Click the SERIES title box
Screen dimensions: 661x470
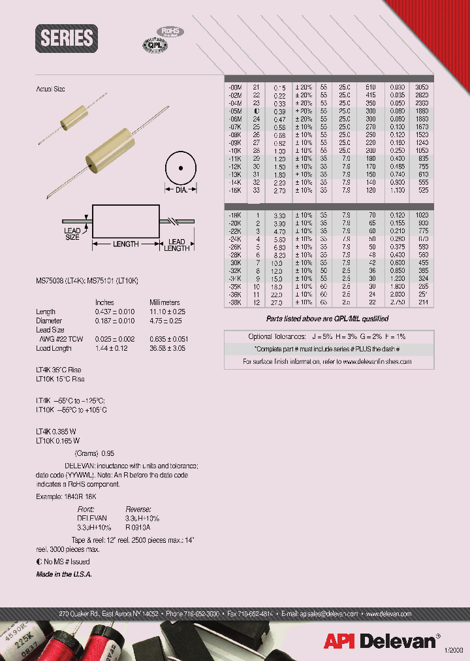point(67,38)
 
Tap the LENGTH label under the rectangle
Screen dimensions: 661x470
point(126,244)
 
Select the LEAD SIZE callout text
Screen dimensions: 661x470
point(72,234)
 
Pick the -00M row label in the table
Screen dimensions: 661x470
point(233,87)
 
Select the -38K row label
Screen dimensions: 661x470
point(233,302)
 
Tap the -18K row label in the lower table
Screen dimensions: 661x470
point(233,214)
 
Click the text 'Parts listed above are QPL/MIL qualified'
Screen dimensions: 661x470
point(327,319)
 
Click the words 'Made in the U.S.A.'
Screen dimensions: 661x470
point(64,573)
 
